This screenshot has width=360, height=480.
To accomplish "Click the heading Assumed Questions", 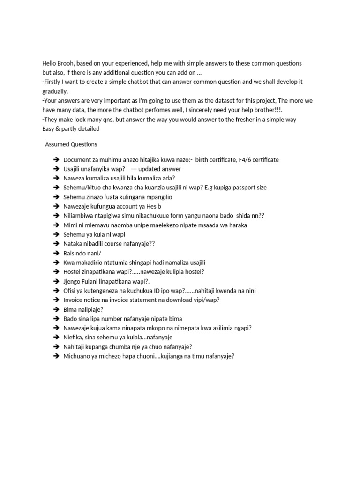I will click(71, 144).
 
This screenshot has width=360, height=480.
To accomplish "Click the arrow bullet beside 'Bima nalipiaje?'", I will click(56, 309).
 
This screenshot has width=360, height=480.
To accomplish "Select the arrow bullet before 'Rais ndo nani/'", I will click(56, 253).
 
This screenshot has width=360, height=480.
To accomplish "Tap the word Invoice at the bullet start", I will click(74, 300).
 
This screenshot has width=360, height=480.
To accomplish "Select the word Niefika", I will click(73, 337).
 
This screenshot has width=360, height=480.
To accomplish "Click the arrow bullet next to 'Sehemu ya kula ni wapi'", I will click(56, 234).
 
